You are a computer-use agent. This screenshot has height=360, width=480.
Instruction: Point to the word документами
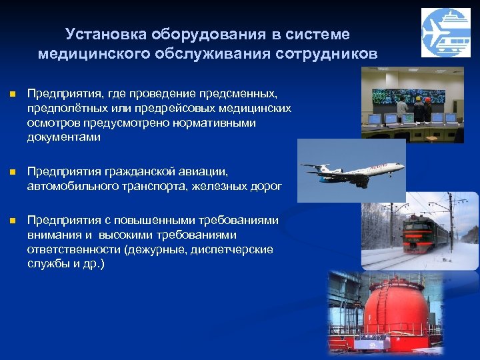click(x=63, y=137)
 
